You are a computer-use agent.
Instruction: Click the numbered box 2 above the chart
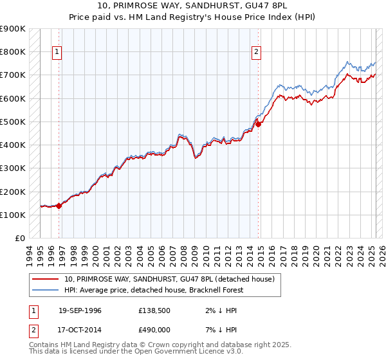[256, 53]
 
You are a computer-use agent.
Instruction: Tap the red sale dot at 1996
[59, 206]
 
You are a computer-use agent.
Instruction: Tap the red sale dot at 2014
[258, 125]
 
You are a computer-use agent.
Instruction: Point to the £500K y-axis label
[13, 122]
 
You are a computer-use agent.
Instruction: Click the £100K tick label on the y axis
[13, 215]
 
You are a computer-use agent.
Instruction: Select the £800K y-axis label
[13, 51]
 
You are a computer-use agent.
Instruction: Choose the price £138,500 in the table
[153, 310]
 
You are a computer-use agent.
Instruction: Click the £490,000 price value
[153, 330]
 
